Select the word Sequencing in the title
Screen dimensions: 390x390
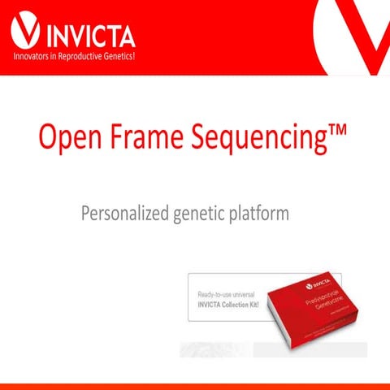(260, 139)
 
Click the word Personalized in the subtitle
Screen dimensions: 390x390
(122, 214)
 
